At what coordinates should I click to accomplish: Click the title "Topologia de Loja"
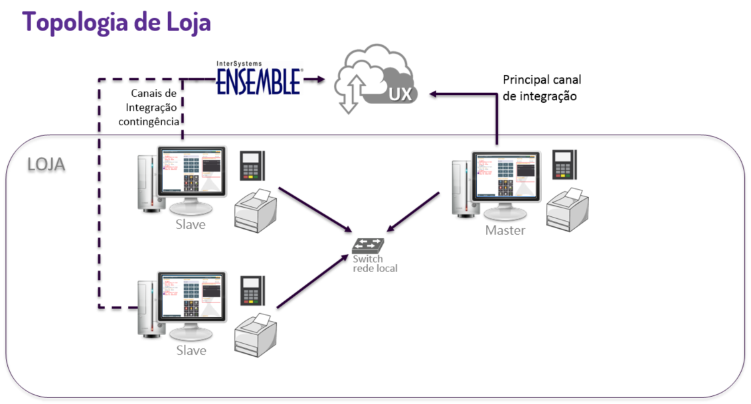click(117, 22)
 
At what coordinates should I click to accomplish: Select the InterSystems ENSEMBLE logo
click(259, 80)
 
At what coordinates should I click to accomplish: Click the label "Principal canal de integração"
click(542, 88)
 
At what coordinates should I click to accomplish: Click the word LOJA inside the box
click(46, 165)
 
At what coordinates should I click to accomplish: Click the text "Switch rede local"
click(375, 263)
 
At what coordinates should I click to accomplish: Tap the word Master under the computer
click(505, 230)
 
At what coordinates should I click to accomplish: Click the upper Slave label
click(191, 224)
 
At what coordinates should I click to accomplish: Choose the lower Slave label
click(191, 350)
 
